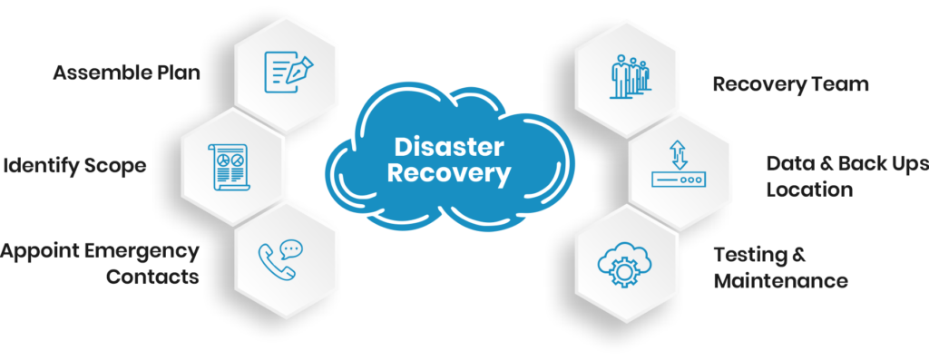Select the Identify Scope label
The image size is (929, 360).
click(74, 166)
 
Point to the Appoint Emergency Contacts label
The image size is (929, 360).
click(100, 264)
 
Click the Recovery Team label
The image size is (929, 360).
click(790, 84)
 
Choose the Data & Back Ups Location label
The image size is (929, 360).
click(846, 177)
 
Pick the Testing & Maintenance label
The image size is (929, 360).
click(780, 268)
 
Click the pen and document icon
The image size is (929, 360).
click(286, 69)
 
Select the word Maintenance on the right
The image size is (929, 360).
click(780, 280)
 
